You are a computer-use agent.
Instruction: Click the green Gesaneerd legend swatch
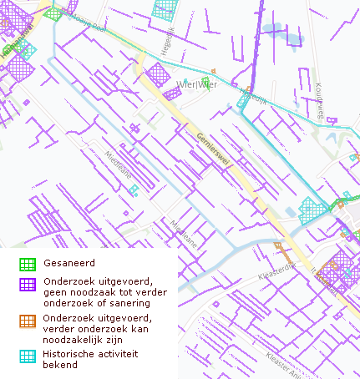tap(28, 264)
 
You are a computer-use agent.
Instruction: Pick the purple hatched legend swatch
tap(28, 284)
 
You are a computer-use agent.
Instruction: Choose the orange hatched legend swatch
tap(28, 321)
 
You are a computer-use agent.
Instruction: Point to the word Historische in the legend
tap(70, 354)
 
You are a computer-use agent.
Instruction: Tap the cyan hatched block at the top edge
tap(165, 8)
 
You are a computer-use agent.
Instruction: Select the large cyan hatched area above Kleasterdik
tap(312, 209)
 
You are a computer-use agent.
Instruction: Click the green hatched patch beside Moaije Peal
tap(53, 13)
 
